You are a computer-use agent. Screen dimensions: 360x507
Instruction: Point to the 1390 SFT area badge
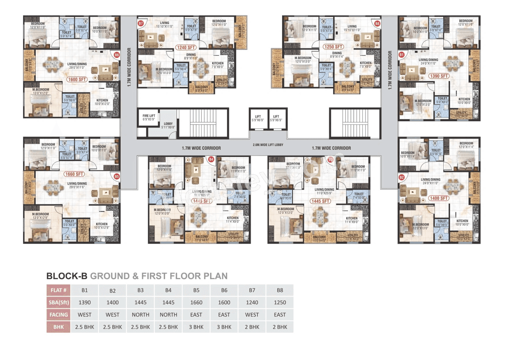click(x=438, y=76)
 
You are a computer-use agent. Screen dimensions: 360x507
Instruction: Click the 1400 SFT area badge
click(x=438, y=198)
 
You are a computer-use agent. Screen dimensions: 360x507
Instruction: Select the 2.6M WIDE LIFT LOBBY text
click(x=268, y=145)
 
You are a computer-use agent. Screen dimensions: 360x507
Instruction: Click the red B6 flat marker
click(x=116, y=55)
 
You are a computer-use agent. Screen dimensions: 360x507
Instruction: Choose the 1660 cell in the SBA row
click(x=196, y=303)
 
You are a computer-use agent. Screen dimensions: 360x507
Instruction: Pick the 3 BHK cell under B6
click(x=224, y=327)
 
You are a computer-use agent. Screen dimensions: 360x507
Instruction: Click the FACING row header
click(x=59, y=315)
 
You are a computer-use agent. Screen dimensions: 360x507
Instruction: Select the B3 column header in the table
click(x=140, y=290)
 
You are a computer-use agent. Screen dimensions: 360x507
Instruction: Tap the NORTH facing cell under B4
click(x=168, y=315)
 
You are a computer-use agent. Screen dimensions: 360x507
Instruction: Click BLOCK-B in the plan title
click(x=67, y=276)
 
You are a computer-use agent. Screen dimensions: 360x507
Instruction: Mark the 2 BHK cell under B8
click(x=280, y=327)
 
